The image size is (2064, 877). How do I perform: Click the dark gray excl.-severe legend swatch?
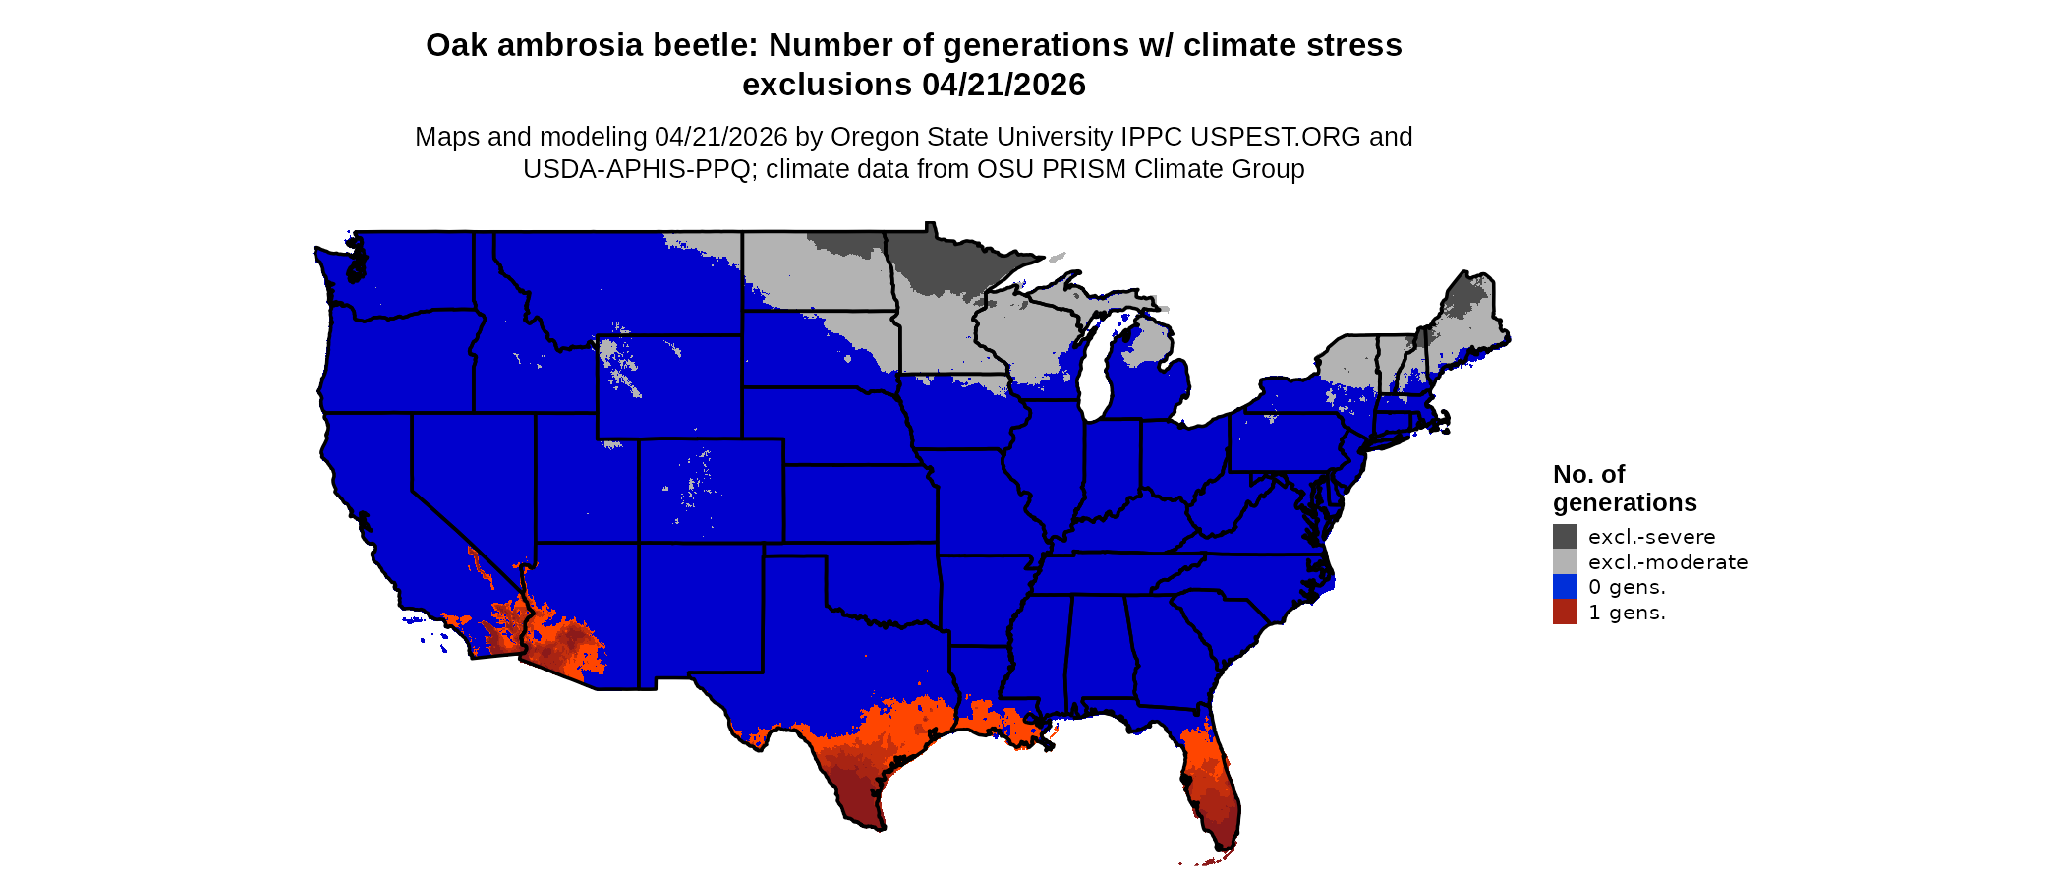click(x=1565, y=536)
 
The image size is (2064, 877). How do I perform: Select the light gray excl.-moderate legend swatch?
click(x=1565, y=561)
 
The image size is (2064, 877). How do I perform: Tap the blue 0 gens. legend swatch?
click(x=1565, y=587)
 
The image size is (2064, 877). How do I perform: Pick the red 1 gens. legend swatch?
click(x=1565, y=612)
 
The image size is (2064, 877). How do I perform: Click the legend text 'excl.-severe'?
click(x=1651, y=537)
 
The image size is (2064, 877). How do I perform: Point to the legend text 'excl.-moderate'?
click(x=1668, y=562)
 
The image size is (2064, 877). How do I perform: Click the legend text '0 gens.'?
click(x=1627, y=587)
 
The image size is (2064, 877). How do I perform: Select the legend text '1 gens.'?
click(x=1627, y=613)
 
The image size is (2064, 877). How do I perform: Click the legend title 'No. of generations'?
click(x=1624, y=489)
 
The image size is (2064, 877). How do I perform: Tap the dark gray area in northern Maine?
click(x=1466, y=295)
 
